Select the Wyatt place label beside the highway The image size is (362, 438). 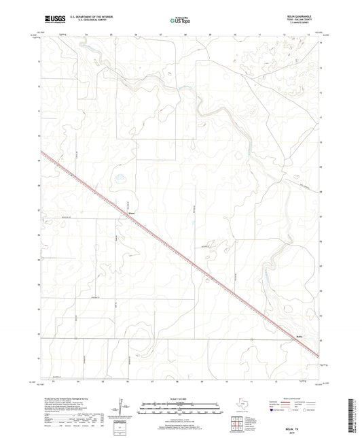[x=132, y=219]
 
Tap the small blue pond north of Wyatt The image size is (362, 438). [x=120, y=180]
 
